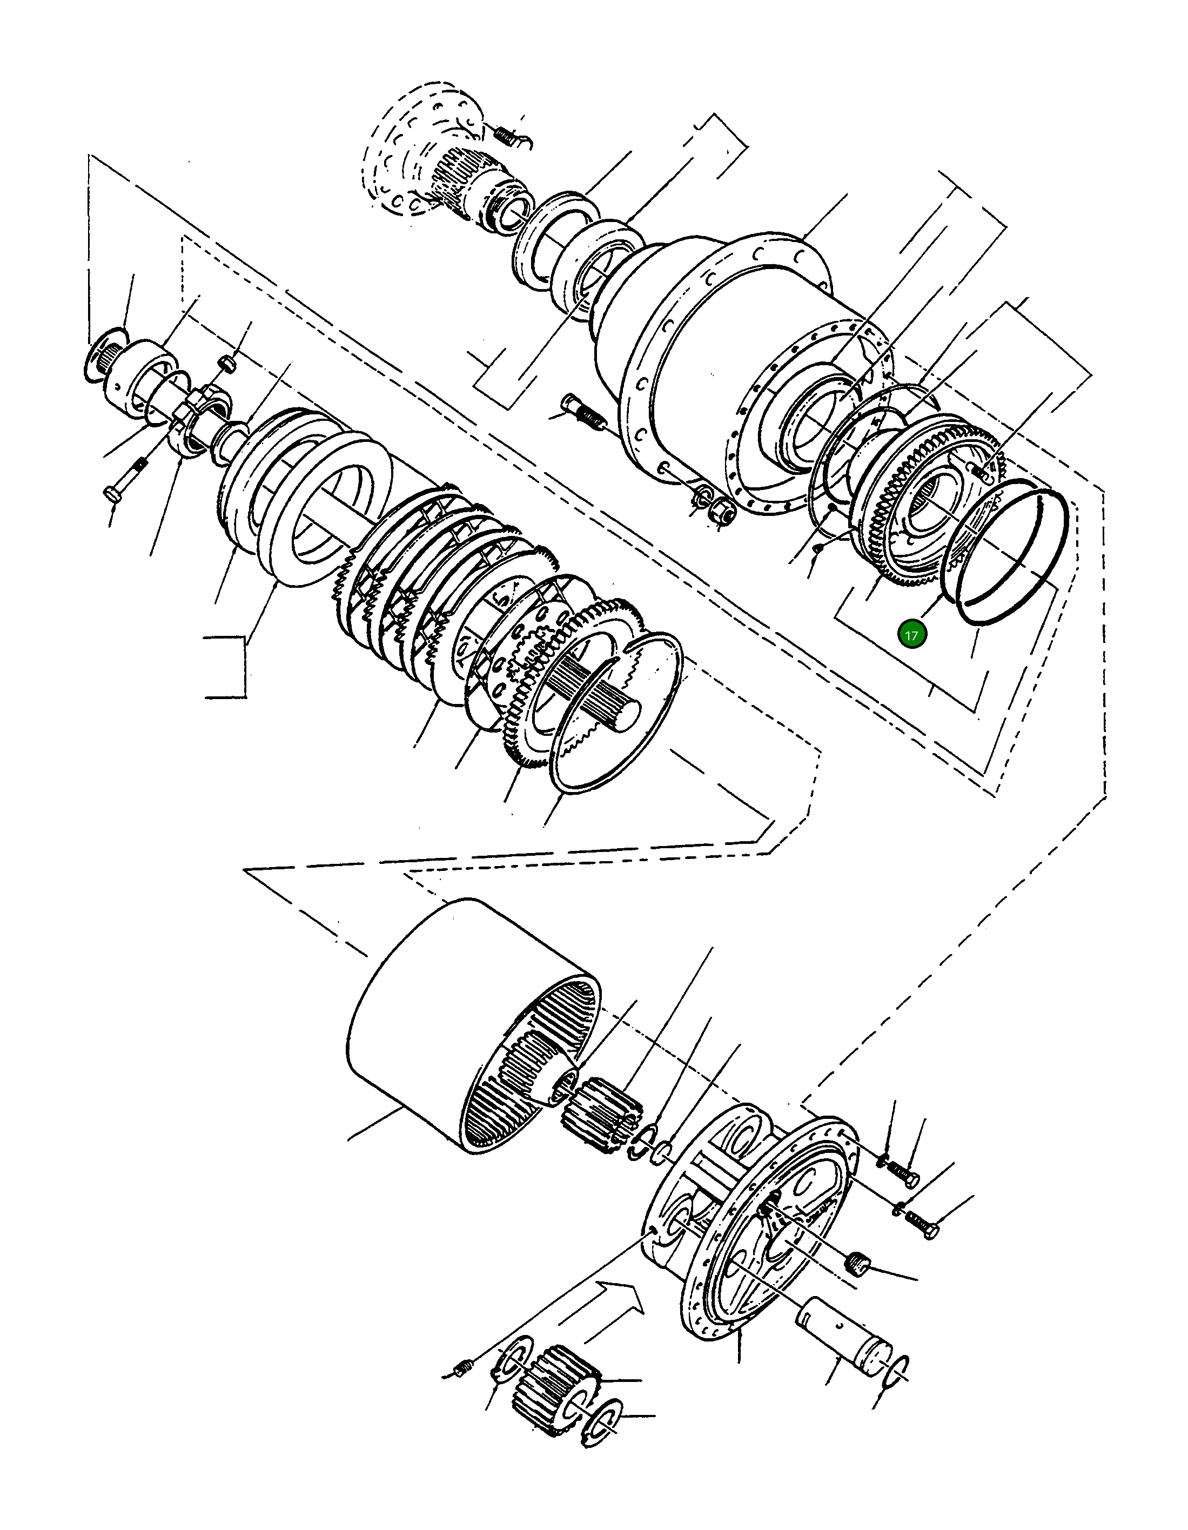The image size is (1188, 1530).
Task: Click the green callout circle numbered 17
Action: pos(911,635)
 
